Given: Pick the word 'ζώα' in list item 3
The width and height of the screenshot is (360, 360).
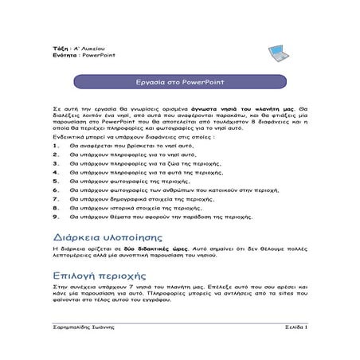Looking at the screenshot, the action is (161, 163).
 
